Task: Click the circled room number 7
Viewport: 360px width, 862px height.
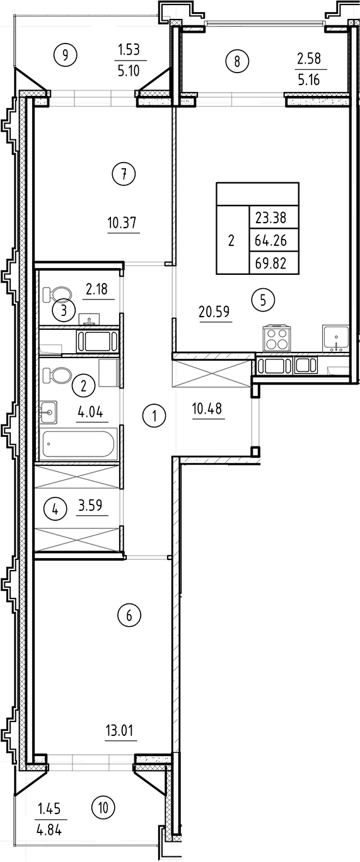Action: coord(124,174)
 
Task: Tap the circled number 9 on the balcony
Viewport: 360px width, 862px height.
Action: coord(64,55)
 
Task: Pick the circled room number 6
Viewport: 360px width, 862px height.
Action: coord(129,615)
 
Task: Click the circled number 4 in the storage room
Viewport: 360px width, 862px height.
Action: coord(55,509)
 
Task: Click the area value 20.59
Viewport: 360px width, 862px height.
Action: coord(216,311)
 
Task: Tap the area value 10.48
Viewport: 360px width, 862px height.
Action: coord(207,409)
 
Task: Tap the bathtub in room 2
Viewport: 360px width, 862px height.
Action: coord(79,444)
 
